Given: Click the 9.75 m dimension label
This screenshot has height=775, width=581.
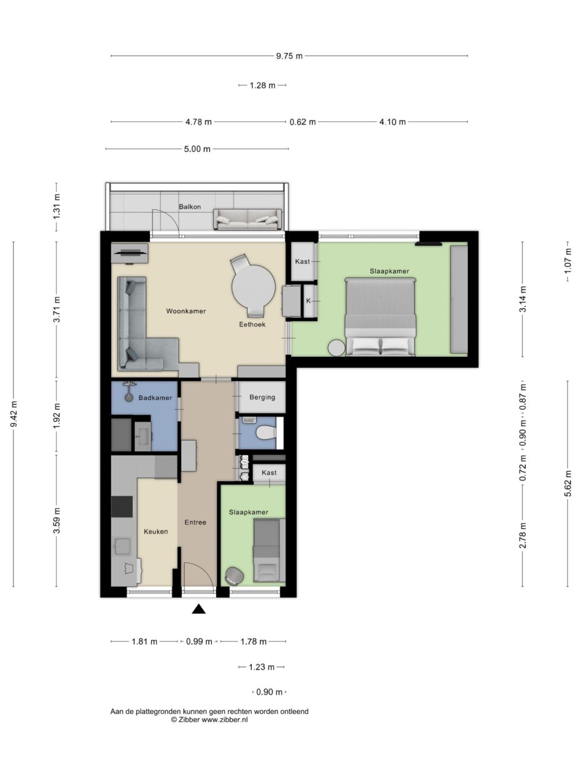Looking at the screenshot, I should coord(289,56).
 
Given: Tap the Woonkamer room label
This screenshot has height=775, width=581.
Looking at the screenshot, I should coord(186,311).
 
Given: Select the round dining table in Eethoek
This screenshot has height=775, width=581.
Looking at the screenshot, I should coord(253,288).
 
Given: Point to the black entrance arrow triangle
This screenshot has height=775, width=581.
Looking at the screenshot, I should coord(199,609).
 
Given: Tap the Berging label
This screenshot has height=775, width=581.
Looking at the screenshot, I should coord(262,397).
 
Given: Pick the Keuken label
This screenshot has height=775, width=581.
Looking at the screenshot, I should coord(156,532).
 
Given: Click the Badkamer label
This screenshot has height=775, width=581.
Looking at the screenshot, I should coord(154,397).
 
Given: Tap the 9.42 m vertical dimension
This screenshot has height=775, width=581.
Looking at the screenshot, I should coord(14,414).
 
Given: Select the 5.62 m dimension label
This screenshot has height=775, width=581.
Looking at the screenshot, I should coord(567,483).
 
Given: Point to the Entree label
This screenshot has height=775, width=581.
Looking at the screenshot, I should coord(195,522).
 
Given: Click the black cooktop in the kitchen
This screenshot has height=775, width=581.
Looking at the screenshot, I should coord(122,506).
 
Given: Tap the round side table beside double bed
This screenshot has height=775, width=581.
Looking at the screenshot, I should coord(337,347).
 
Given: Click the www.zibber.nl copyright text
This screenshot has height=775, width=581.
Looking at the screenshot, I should coord(209,720).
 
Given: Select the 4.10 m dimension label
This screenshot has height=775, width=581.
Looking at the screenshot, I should coord(392,122).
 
